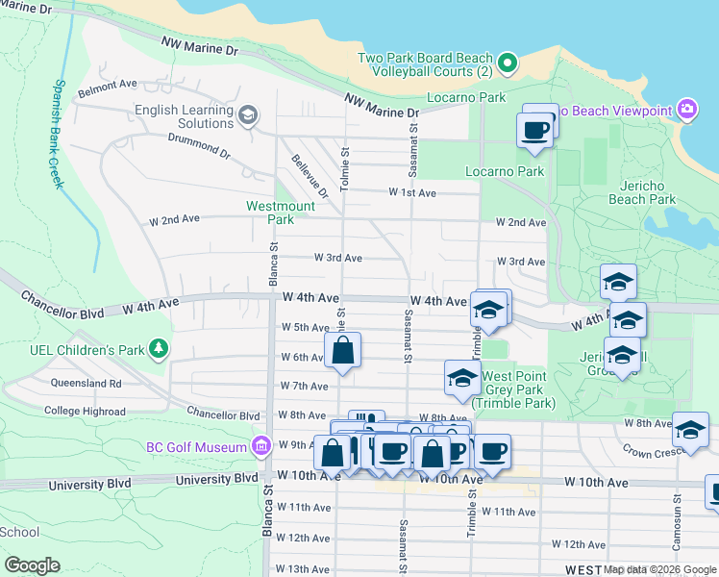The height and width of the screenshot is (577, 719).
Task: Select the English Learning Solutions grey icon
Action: click(248, 116)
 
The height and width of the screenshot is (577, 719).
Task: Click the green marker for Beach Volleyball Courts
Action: click(510, 64)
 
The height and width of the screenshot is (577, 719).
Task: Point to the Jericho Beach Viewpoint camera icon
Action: click(686, 111)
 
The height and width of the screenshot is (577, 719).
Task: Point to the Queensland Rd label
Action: click(88, 383)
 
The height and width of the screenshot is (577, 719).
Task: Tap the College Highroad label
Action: click(84, 411)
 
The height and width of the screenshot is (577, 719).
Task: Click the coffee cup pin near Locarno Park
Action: click(534, 129)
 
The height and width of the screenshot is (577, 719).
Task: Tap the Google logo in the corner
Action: click(32, 565)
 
